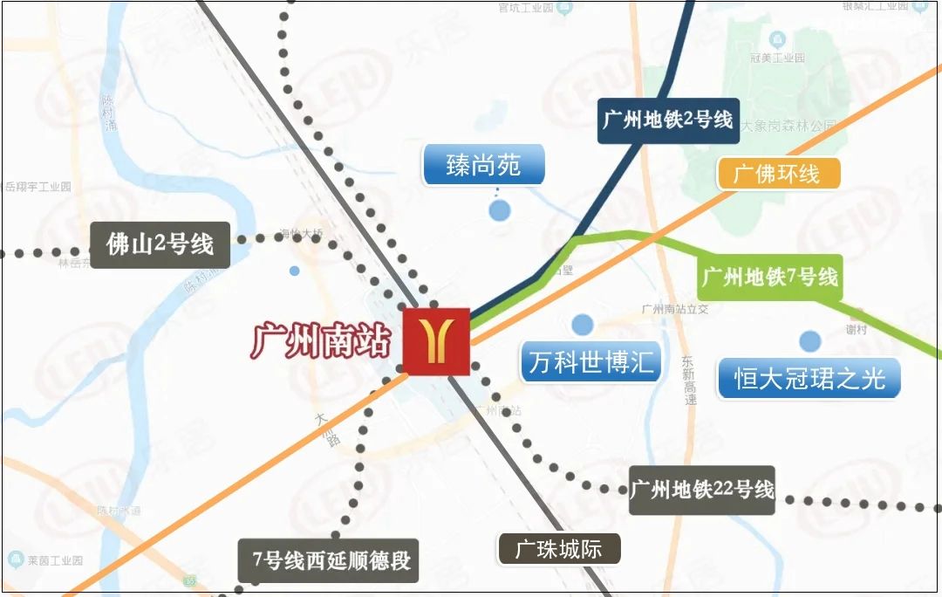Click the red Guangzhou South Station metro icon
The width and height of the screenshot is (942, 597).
coord(436,341)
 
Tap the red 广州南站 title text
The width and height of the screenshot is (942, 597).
coord(320,340)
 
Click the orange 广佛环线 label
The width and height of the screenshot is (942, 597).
coord(778,173)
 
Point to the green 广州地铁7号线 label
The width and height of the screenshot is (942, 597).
coord(769,278)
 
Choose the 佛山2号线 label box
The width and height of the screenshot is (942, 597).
coord(160,244)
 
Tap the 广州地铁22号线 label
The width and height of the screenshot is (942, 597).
coord(702,490)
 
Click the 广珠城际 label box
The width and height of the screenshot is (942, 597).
coord(559,549)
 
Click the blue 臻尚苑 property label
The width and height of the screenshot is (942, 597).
coord(484,165)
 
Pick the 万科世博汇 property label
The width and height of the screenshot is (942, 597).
coord(591,361)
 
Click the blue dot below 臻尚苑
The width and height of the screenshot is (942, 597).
coord(500,210)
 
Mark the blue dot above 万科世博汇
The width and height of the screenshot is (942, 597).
coord(583,325)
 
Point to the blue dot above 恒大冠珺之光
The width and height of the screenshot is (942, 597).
coord(811,340)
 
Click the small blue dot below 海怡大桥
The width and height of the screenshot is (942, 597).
coord(295,271)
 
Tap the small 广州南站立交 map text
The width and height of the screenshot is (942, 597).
coord(674,309)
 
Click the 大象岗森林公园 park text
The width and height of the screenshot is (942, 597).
coord(788,127)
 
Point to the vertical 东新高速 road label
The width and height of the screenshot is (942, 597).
coord(689,381)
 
